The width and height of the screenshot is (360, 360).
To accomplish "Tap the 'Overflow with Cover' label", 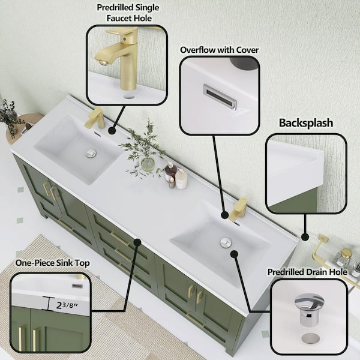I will (219, 50).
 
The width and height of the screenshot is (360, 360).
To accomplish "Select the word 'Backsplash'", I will (305, 123).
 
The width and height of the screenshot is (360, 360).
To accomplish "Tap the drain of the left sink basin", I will (91, 154).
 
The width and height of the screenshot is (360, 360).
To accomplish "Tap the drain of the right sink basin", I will (226, 242).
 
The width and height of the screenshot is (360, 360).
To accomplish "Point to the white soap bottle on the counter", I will (181, 178).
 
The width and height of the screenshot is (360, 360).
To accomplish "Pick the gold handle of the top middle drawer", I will (119, 239).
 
